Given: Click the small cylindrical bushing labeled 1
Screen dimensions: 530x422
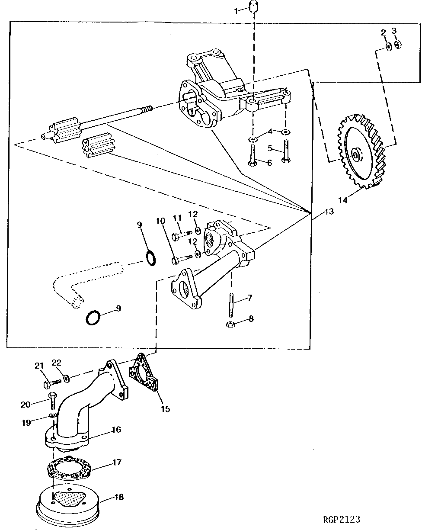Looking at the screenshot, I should (x=253, y=8).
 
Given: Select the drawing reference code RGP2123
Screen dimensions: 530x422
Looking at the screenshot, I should (x=341, y=519).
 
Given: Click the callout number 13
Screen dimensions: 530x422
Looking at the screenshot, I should (x=329, y=212).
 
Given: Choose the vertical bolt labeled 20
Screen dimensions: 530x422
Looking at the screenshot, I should (x=52, y=401).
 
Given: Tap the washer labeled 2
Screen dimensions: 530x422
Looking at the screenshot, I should (x=389, y=45).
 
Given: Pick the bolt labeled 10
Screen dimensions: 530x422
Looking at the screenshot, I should (x=181, y=260).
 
